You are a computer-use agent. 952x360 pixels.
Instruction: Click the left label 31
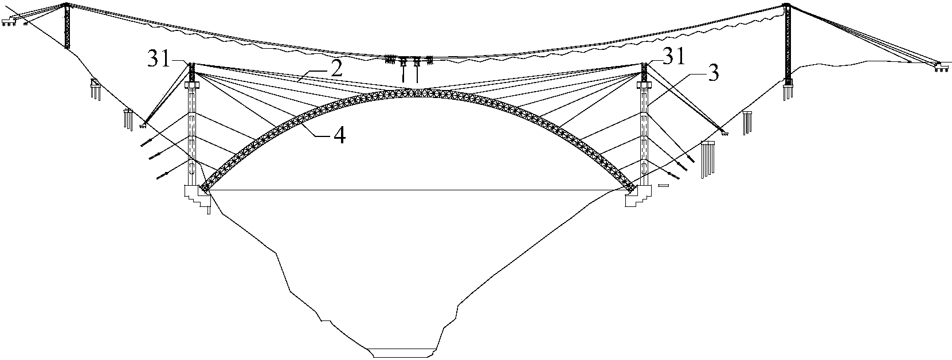click(158, 58)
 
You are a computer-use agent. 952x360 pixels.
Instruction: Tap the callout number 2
click(336, 69)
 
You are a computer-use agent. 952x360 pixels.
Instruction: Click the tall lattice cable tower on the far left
click(66, 25)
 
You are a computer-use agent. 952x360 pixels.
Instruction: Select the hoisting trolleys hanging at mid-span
click(409, 63)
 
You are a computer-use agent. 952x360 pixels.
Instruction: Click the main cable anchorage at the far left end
click(9, 21)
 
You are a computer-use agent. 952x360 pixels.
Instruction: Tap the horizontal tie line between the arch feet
click(417, 190)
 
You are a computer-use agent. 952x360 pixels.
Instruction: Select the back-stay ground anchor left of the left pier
click(143, 124)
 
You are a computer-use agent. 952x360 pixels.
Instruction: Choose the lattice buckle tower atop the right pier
click(644, 72)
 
